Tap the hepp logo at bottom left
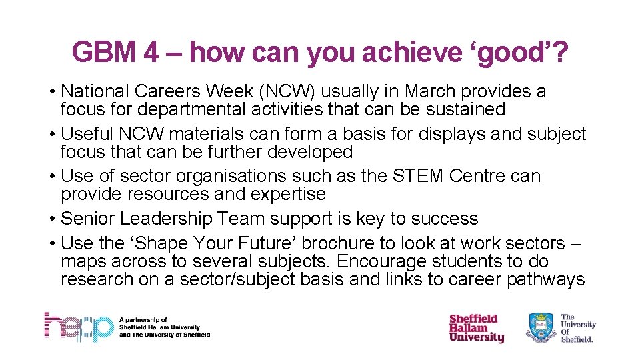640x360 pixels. (x=79, y=327)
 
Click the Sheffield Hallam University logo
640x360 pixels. (x=476, y=328)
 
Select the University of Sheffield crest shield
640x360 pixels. (x=541, y=328)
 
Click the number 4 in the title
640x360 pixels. (x=151, y=52)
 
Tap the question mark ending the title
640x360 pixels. (x=561, y=52)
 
